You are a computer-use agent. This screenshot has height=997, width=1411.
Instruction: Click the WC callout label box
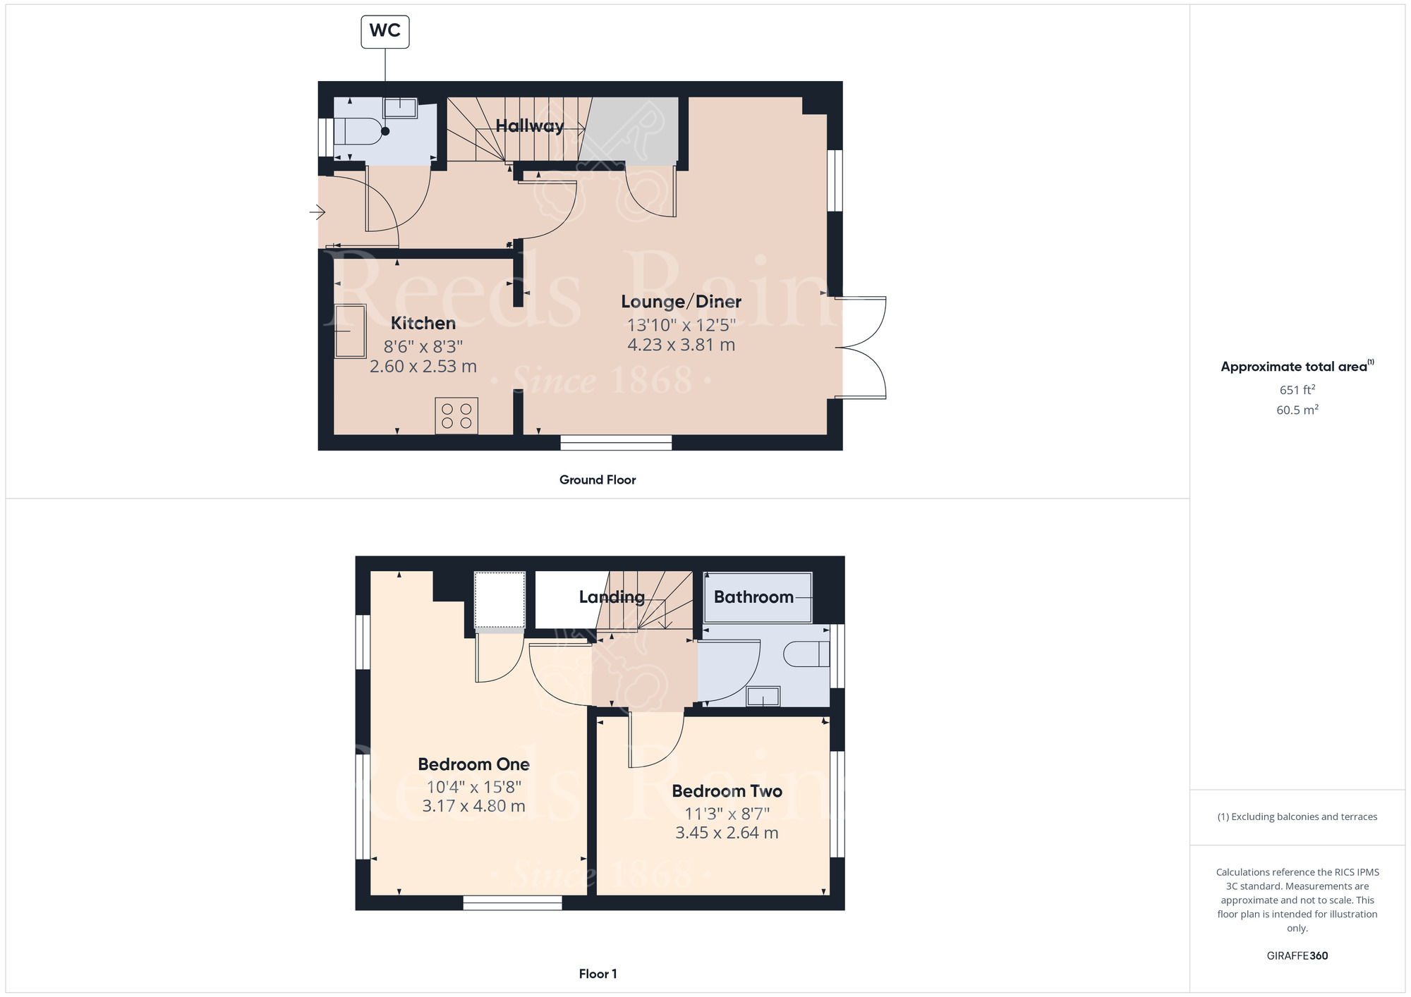(x=385, y=32)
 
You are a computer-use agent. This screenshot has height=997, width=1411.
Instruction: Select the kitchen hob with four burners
(x=456, y=416)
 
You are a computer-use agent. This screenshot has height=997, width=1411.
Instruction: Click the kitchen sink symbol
(x=350, y=331)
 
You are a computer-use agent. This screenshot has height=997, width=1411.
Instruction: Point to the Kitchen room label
(x=423, y=323)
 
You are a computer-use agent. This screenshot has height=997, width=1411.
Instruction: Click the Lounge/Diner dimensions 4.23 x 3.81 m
(x=681, y=345)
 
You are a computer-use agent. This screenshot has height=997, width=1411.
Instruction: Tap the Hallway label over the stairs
(x=529, y=126)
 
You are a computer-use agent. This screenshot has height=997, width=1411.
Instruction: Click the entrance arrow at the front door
(x=317, y=212)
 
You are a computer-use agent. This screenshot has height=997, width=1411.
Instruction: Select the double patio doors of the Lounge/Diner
(x=862, y=348)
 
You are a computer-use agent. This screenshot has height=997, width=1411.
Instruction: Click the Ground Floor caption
(x=598, y=480)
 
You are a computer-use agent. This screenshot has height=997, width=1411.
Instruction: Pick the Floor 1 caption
(x=598, y=974)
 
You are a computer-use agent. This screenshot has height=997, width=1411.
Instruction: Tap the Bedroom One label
(x=473, y=764)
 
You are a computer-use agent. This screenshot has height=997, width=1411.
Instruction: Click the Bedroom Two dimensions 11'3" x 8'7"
(x=727, y=813)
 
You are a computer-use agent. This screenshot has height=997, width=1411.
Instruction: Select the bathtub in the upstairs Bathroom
(x=758, y=597)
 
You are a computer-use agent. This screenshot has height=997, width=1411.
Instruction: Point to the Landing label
(x=612, y=597)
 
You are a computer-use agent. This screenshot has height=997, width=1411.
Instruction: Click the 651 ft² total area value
(x=1297, y=390)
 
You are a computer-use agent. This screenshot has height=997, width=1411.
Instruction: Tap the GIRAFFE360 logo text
(x=1297, y=956)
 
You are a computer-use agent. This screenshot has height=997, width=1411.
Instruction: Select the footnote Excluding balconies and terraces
(x=1297, y=816)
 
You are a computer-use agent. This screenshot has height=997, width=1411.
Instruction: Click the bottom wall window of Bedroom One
(x=513, y=903)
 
